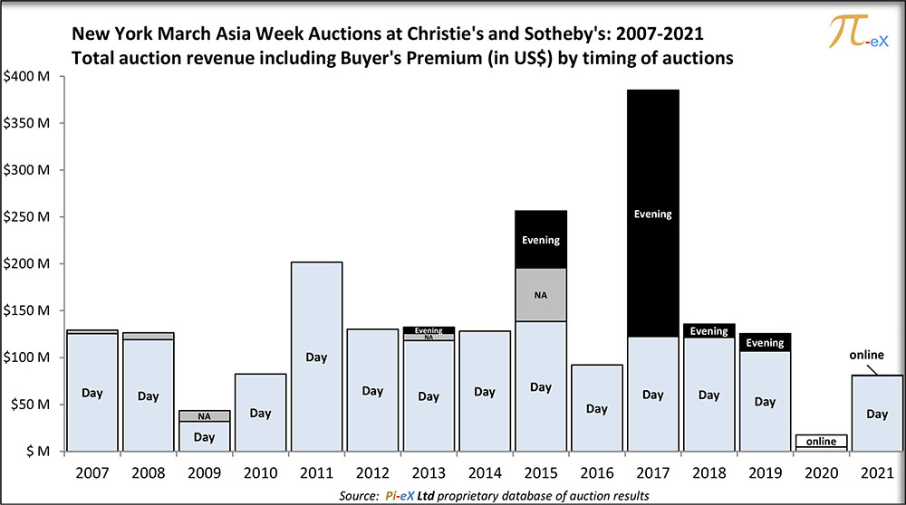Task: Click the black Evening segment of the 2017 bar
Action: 653,214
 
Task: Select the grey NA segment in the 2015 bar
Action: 541,295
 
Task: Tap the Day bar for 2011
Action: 316,357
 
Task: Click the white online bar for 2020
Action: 822,442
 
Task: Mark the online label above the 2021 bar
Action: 866,355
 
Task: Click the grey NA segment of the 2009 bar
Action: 204,416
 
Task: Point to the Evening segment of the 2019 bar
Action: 766,342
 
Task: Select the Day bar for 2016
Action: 597,407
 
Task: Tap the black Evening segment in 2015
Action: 541,240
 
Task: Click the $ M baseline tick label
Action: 34,451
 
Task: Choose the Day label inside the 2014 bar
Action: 485,391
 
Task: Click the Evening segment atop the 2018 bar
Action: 709,330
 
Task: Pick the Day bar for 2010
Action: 260,413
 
